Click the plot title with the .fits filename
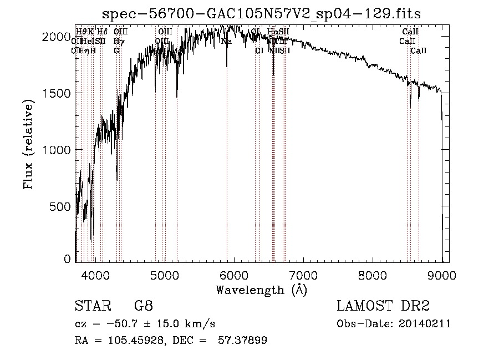tap(266, 14)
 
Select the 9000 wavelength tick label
tap(442, 273)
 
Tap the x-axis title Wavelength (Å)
tap(261, 290)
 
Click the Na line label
tap(226, 41)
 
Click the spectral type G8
tap(143, 306)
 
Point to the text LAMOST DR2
tap(383, 306)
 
